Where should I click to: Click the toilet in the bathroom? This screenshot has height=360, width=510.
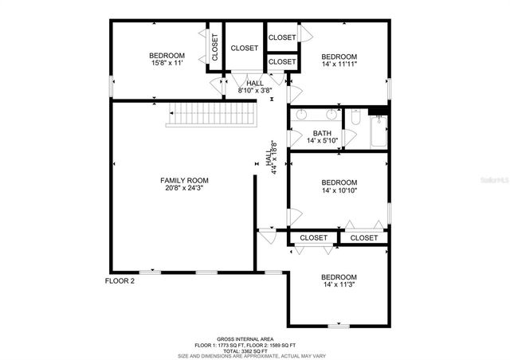(356, 119)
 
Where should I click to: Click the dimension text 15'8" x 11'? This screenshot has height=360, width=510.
(167, 64)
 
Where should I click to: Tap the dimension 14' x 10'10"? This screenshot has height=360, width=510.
(339, 191)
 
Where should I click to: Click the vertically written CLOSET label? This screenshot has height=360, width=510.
(215, 48)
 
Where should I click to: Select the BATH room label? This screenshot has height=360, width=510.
(322, 133)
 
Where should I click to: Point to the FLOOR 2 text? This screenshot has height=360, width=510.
(121, 280)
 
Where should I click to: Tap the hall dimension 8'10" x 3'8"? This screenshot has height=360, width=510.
(255, 91)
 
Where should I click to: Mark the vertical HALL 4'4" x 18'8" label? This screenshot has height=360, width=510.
(271, 163)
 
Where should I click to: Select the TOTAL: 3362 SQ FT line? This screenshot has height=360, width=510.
(255, 350)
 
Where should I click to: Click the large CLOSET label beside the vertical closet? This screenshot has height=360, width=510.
(245, 48)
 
